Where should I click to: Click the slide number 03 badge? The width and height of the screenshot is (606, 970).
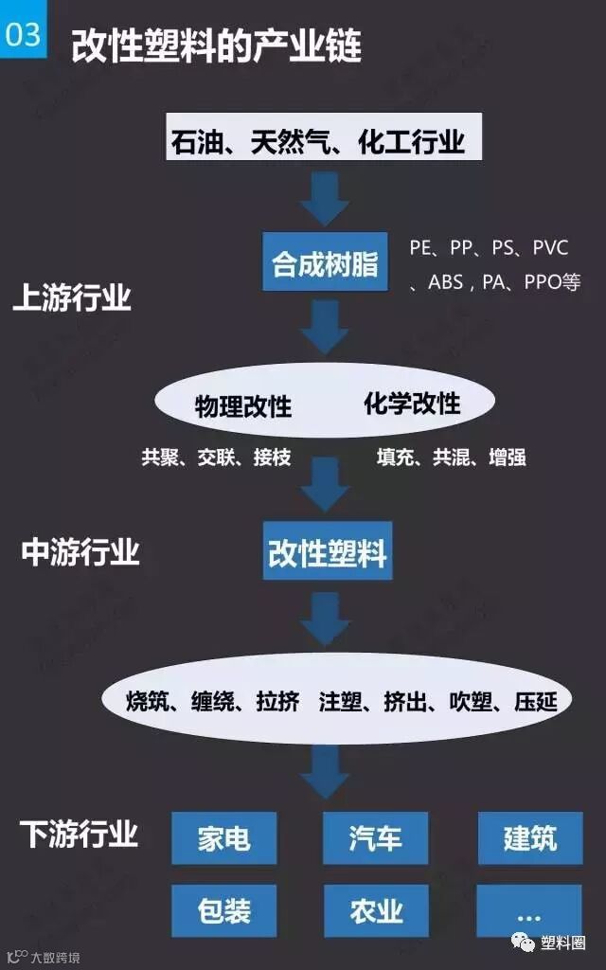pyautogui.click(x=23, y=34)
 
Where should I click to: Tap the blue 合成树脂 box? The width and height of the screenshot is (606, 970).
pyautogui.click(x=325, y=261)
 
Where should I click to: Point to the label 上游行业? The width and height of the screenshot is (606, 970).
pyautogui.click(x=71, y=299)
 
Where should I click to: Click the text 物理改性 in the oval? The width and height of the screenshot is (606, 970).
pyautogui.click(x=243, y=405)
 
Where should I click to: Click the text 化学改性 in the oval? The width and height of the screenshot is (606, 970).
pyautogui.click(x=412, y=404)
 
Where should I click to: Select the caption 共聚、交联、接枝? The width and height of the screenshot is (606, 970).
pyautogui.click(x=216, y=458)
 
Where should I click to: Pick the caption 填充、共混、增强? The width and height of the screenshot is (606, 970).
pyautogui.click(x=451, y=458)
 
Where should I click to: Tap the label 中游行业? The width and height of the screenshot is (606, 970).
pyautogui.click(x=80, y=552)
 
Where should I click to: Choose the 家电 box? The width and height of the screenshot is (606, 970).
pyautogui.click(x=223, y=837)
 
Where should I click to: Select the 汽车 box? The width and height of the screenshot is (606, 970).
pyautogui.click(x=376, y=837)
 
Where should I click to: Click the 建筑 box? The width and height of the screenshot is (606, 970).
pyautogui.click(x=529, y=837)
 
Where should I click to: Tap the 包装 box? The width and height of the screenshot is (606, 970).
pyautogui.click(x=223, y=910)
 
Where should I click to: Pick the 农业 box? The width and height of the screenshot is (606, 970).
pyautogui.click(x=376, y=910)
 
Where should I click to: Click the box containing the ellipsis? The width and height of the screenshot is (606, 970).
pyautogui.click(x=528, y=910)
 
